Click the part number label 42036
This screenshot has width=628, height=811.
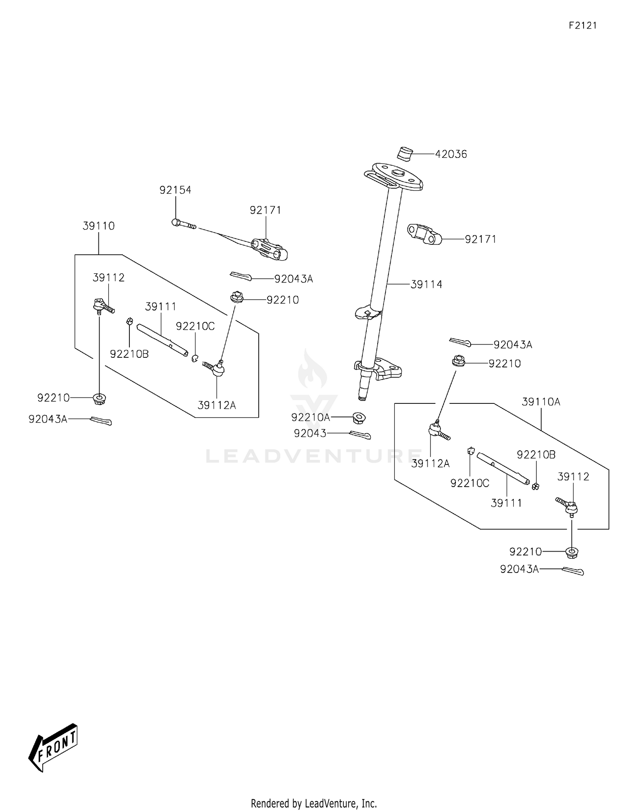click(451, 154)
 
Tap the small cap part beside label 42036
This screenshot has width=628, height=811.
click(404, 154)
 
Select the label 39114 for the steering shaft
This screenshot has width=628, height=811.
click(426, 285)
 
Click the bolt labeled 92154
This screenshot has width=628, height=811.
click(183, 224)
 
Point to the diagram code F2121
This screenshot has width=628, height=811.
click(582, 26)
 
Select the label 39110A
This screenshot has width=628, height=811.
click(541, 402)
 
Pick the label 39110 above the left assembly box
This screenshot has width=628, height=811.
click(98, 226)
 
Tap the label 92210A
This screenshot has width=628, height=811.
click(311, 417)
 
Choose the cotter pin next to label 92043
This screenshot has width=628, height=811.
click(360, 435)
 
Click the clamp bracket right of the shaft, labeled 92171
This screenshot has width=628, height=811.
click(424, 234)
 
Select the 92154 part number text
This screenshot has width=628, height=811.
click(175, 190)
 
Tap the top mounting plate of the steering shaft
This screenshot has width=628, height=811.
click(396, 176)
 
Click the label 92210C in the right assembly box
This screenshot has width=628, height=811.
click(470, 483)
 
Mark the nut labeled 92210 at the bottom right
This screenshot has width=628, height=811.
click(571, 552)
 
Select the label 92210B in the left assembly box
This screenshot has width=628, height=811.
click(129, 354)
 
